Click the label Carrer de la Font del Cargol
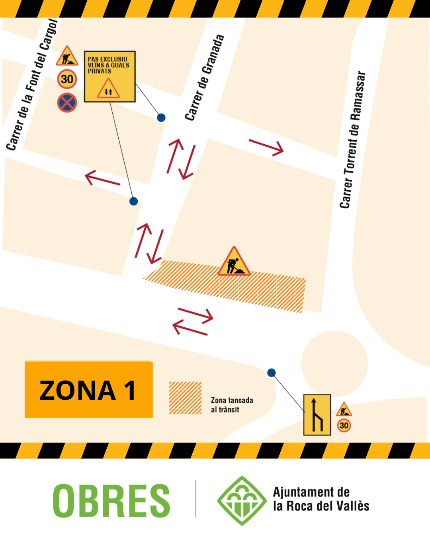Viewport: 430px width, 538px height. tap(32, 85)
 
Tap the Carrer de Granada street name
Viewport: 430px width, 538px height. tap(204, 78)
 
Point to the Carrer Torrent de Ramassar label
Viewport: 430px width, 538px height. tap(352, 139)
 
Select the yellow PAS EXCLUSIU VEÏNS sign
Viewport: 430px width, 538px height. tap(109, 77)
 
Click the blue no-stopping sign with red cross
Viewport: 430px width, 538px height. tap(67, 102)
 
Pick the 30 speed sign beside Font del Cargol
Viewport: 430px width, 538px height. tap(67, 79)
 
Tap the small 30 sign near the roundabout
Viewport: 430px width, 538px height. tap(344, 425)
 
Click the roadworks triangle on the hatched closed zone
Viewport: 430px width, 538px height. tap(234, 262)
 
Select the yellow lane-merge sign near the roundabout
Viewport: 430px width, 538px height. tap(317, 415)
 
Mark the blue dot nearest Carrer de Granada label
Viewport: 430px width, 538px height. tap(161, 118)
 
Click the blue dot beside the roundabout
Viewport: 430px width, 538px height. tap(272, 373)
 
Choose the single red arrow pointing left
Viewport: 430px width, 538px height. tap(102, 179)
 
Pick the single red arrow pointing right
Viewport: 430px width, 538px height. tap(266, 147)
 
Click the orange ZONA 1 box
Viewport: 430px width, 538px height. tap(88, 390)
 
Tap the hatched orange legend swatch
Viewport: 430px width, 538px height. tap(185, 398)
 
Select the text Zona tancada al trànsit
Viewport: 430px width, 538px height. tap(232, 405)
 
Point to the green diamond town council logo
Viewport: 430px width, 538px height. tap(242, 501)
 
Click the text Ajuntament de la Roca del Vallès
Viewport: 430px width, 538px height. tap(321, 499)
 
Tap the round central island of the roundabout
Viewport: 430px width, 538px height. tap(334, 363)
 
